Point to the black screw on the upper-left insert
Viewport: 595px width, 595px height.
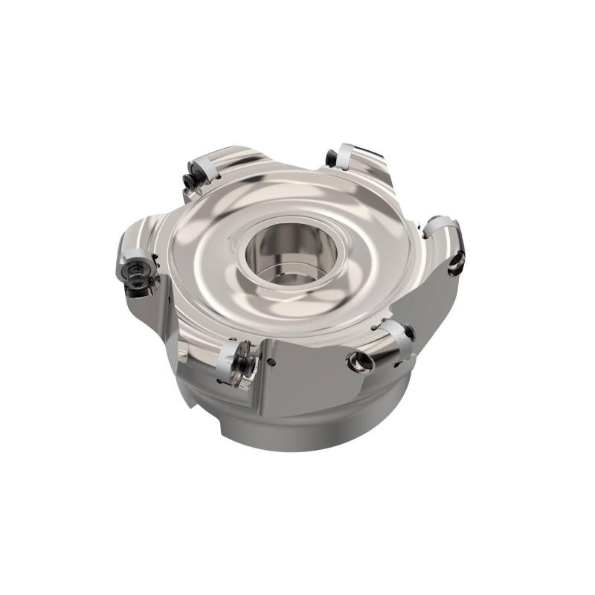pos(188,178)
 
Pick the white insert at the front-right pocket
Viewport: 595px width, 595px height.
pos(397,338)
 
